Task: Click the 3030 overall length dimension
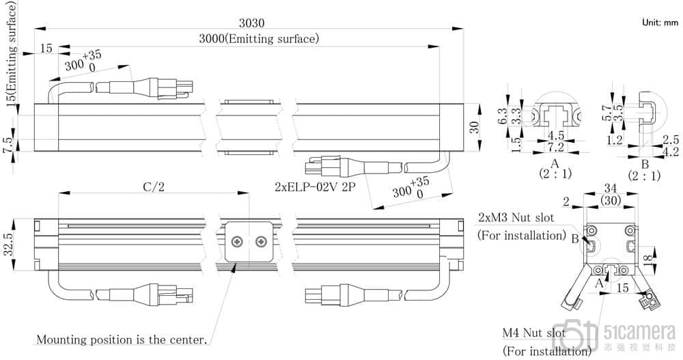pyautogui.click(x=248, y=22)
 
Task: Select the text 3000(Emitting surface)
pyautogui.click(x=259, y=38)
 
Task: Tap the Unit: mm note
pyautogui.click(x=660, y=23)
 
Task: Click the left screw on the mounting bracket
pyautogui.click(x=238, y=242)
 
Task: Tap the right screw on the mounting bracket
pyautogui.click(x=260, y=242)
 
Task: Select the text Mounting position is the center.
pyautogui.click(x=122, y=339)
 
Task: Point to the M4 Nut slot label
pyautogui.click(x=533, y=333)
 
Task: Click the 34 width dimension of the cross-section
pyautogui.click(x=611, y=188)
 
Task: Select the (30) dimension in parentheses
pyautogui.click(x=611, y=200)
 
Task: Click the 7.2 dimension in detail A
pyautogui.click(x=555, y=147)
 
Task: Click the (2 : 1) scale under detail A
pyautogui.click(x=555, y=175)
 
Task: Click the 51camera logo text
pyautogui.click(x=639, y=333)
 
